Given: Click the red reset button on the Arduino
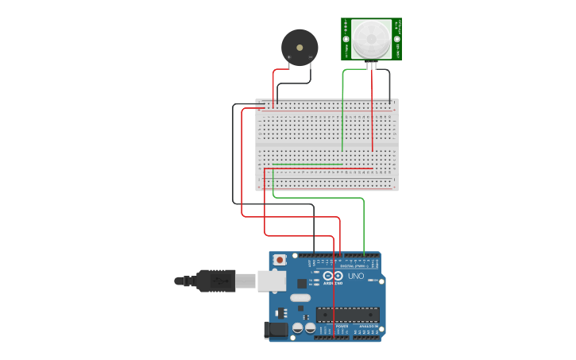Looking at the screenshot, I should click(280, 260).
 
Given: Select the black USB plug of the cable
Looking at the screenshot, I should click(215, 281).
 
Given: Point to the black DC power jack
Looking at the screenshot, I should click(276, 328).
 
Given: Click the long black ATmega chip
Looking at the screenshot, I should click(346, 314).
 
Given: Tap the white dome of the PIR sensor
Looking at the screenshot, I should click(371, 38).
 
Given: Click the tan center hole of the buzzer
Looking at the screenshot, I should click(300, 45).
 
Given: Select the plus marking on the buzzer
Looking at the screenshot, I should click(289, 57).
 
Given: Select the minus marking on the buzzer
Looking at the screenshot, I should click(310, 57).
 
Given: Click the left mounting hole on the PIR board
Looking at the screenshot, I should click(346, 39).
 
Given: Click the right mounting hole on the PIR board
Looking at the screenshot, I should click(396, 39).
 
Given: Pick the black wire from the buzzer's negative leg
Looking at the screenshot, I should click(294, 84).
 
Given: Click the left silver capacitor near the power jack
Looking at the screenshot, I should click(297, 327).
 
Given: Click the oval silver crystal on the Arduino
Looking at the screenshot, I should click(300, 298).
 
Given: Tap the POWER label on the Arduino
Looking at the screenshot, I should click(342, 327).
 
